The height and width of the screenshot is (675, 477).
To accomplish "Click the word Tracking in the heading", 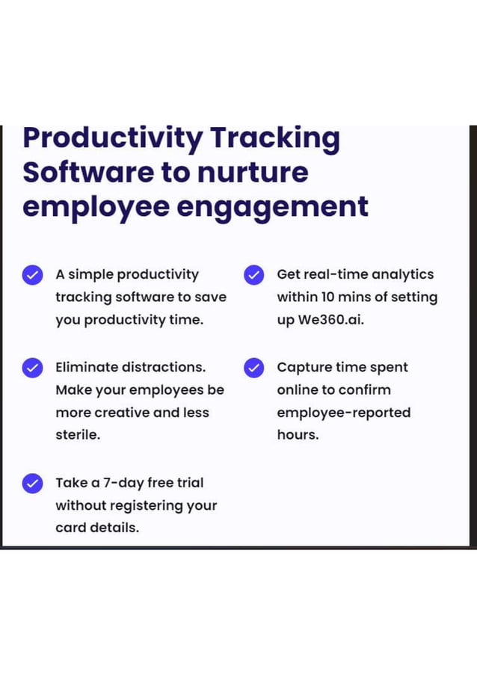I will click(274, 139).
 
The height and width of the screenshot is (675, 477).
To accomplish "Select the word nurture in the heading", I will click(252, 173).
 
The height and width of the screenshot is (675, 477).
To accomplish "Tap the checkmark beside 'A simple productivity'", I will click(32, 275).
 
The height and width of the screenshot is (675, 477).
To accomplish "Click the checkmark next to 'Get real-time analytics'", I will click(254, 275).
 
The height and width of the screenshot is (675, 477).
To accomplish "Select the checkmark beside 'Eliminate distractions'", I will click(32, 368).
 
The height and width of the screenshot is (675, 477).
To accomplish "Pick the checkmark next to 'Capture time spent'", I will click(254, 368).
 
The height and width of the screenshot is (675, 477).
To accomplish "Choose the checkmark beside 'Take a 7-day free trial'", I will click(32, 483).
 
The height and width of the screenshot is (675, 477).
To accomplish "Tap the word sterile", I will click(77, 434).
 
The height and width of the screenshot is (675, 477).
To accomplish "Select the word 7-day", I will click(123, 483).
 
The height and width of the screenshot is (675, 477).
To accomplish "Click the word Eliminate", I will click(87, 367).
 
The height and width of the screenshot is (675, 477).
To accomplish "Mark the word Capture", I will click(304, 367).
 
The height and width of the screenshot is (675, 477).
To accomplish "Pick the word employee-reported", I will click(343, 413).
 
